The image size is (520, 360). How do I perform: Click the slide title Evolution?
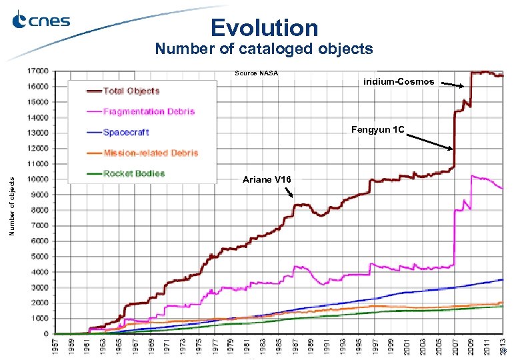click(x=264, y=27)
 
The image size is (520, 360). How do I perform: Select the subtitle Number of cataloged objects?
click(x=263, y=49)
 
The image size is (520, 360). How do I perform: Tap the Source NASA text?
click(x=256, y=73)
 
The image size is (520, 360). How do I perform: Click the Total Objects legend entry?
click(x=131, y=91)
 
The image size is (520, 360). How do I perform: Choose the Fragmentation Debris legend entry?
click(x=148, y=111)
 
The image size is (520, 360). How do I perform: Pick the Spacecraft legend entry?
click(x=125, y=132)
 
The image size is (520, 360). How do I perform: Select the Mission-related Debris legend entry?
click(x=150, y=153)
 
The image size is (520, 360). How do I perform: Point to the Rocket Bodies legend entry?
click(x=133, y=173)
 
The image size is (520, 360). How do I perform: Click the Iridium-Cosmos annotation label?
click(x=399, y=81)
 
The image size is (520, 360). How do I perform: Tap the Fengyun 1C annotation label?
click(x=377, y=129)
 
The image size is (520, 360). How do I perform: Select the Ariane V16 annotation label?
click(x=266, y=180)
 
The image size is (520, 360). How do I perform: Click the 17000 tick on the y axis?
click(x=37, y=71)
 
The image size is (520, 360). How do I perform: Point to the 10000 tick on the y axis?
click(x=37, y=179)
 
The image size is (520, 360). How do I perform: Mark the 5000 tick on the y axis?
click(x=39, y=256)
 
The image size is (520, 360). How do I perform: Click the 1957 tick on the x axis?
click(x=56, y=347)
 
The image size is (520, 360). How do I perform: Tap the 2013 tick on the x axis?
click(x=502, y=347)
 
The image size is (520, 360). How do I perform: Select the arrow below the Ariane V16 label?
click(x=289, y=193)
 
